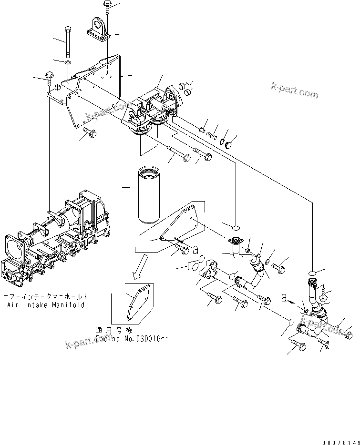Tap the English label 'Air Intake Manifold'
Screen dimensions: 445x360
(46, 305)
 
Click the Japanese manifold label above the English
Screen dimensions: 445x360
(46, 296)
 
